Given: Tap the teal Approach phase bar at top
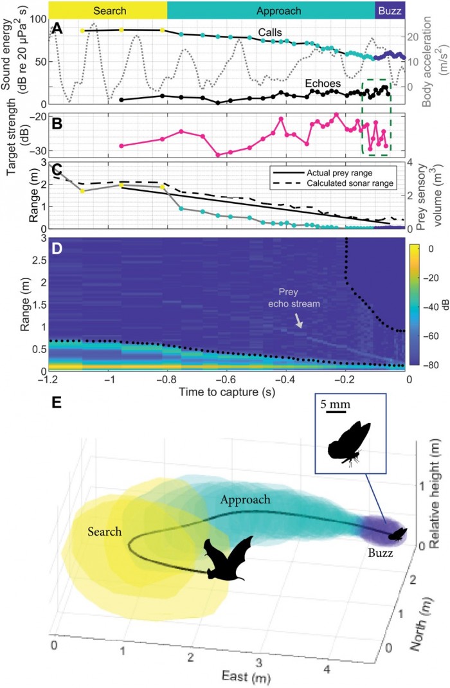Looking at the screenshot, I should [271, 11].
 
